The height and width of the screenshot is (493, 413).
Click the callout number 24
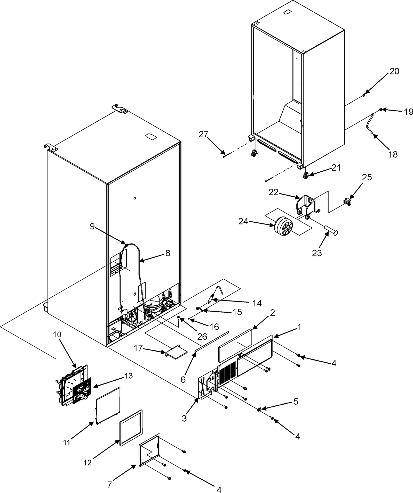[243, 221]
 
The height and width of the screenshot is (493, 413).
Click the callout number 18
[393, 154]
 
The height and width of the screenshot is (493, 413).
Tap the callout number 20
[394, 71]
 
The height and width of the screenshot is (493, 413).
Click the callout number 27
[203, 134]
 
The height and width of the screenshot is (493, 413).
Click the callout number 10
[57, 335]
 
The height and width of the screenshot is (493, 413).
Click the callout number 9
[92, 226]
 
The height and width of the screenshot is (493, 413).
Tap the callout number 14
[257, 303]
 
